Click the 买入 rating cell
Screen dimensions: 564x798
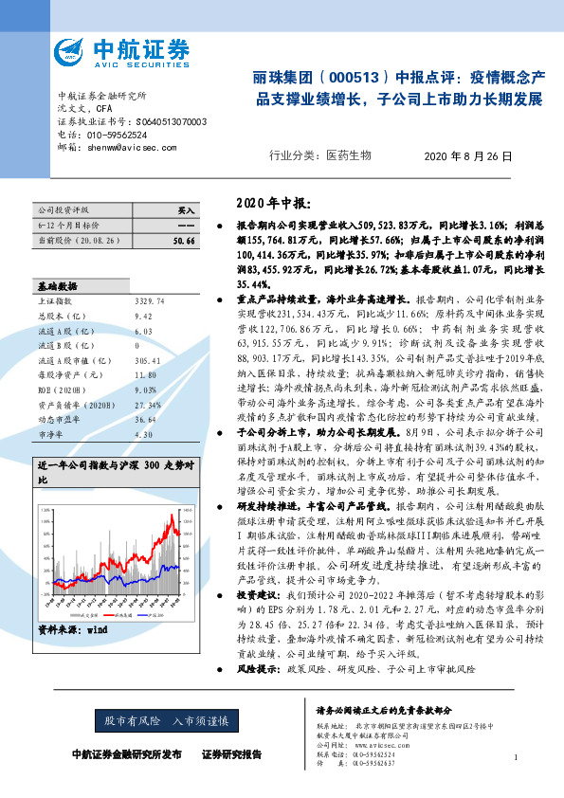186,209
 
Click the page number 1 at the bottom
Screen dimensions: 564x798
515,757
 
